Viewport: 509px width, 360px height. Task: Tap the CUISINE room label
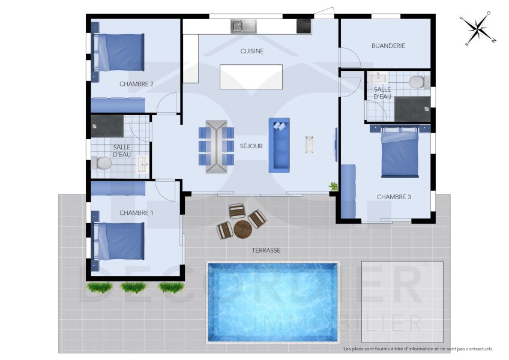(251, 52)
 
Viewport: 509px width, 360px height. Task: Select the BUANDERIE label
(388, 46)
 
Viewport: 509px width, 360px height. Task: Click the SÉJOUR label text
(251, 146)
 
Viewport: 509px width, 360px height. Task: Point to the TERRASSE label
(267, 250)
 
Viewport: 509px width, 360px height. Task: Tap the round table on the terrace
(242, 229)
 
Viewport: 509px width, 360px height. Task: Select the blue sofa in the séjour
(279, 145)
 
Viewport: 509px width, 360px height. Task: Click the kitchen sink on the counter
(244, 26)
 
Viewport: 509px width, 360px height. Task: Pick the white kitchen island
(251, 77)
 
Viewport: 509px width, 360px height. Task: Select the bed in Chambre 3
(400, 153)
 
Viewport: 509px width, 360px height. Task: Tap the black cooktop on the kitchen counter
(304, 26)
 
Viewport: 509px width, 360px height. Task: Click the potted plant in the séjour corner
(334, 187)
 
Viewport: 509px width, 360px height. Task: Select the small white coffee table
(310, 144)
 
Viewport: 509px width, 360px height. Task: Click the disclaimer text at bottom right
(418, 349)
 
